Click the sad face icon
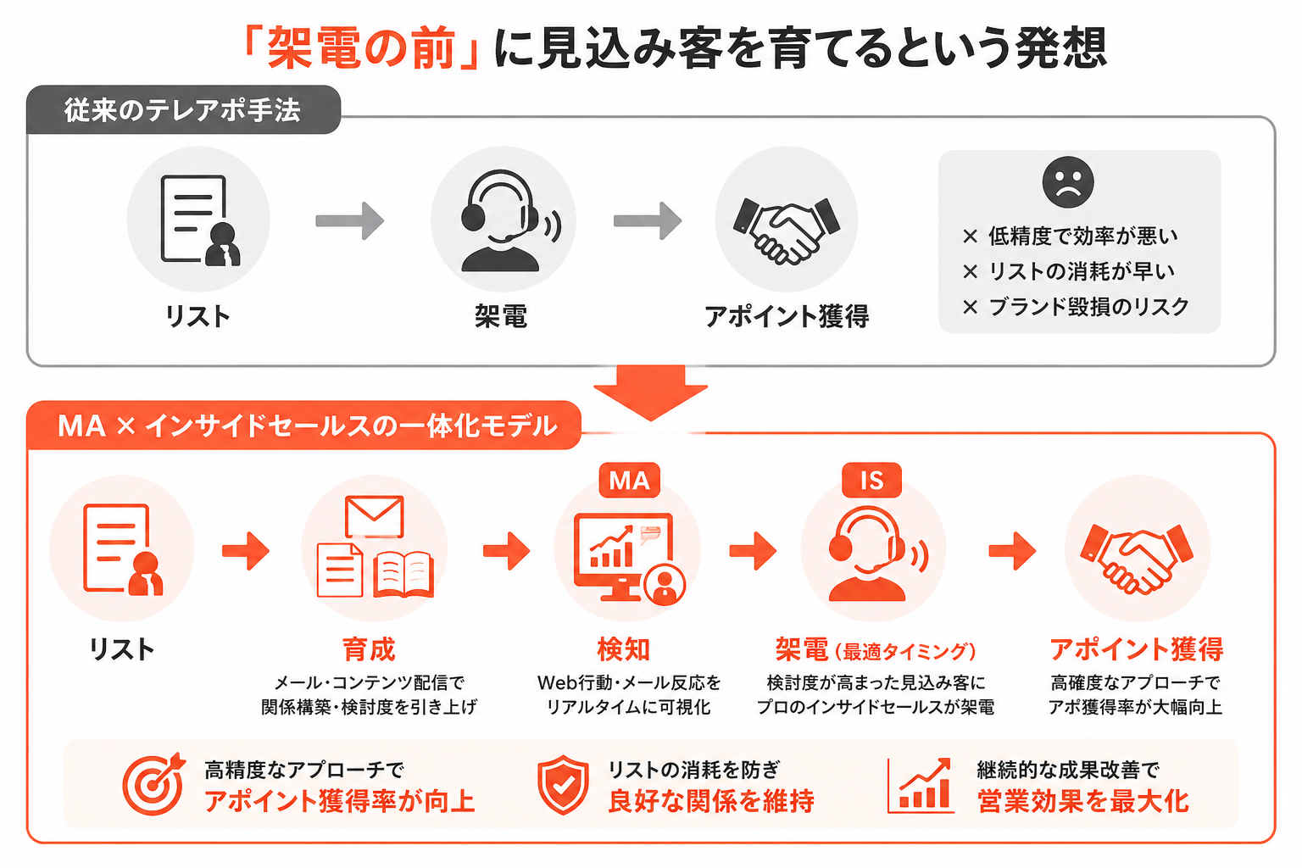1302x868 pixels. (1068, 181)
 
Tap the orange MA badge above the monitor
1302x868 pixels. (629, 481)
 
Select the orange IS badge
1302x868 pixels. (871, 481)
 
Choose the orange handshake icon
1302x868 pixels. (1137, 556)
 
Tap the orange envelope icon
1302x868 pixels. (374, 515)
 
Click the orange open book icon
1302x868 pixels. (403, 574)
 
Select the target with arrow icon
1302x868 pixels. (153, 783)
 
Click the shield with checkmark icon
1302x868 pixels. (563, 784)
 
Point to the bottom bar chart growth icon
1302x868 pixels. (921, 785)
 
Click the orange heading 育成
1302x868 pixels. (369, 649)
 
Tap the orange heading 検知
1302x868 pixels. (624, 649)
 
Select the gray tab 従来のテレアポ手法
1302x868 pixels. (182, 110)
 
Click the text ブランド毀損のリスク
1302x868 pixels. (1088, 307)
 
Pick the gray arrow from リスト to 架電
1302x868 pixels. (349, 221)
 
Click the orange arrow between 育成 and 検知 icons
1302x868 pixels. (506, 551)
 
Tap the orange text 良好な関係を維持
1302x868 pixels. (711, 801)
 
